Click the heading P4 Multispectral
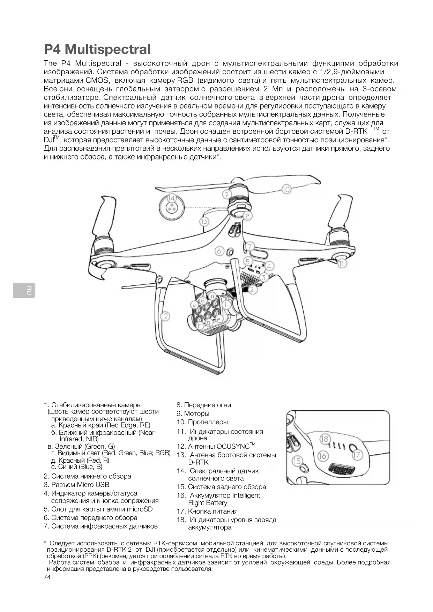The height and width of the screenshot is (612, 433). (x=97, y=49)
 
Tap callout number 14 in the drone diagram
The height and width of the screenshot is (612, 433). (x=171, y=198)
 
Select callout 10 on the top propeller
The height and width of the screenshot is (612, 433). (x=286, y=189)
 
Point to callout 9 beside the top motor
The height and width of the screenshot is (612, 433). (x=226, y=194)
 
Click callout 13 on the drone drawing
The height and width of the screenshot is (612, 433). (x=204, y=221)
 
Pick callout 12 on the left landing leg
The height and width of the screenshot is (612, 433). (x=165, y=316)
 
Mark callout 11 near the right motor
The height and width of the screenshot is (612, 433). (x=342, y=264)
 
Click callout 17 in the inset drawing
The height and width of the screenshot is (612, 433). (x=357, y=455)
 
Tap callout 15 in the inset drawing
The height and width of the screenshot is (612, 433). (x=297, y=461)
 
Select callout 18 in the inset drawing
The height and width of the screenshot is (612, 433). (x=324, y=439)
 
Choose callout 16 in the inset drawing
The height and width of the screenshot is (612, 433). (x=323, y=456)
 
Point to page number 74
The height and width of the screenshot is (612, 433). (x=47, y=577)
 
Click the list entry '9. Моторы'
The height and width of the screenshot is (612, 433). (x=193, y=413)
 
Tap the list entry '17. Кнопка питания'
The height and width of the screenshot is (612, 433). (x=207, y=511)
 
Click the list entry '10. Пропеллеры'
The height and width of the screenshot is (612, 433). (x=202, y=422)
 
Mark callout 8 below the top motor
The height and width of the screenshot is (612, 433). (x=247, y=216)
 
